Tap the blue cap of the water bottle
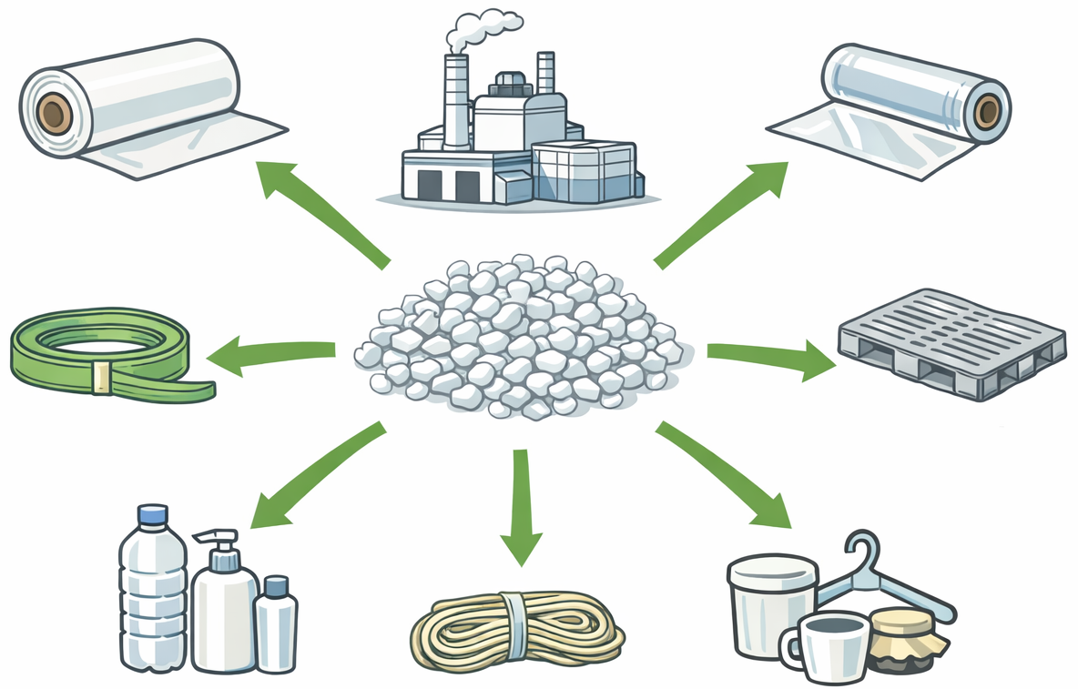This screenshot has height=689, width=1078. [153, 515]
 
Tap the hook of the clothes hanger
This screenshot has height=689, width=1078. [859, 552]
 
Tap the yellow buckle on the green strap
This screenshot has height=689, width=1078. [102, 378]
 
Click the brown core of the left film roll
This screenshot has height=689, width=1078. [55, 115]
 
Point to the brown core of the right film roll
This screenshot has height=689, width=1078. [986, 111]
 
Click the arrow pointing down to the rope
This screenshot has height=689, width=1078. [522, 505]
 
